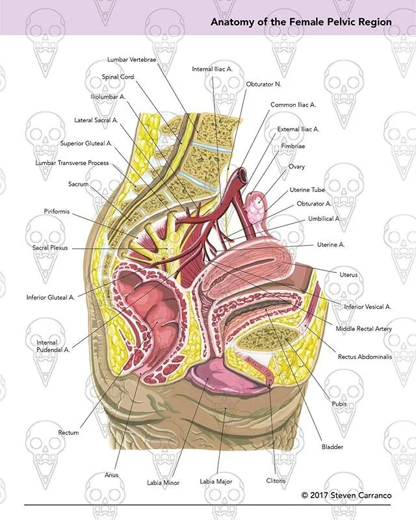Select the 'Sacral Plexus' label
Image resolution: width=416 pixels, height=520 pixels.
click(51, 248)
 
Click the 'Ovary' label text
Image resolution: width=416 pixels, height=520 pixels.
click(296, 166)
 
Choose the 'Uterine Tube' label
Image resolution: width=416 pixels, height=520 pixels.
click(307, 190)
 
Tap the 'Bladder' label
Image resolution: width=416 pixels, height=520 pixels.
click(331, 447)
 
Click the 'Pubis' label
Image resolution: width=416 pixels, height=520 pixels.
click(339, 404)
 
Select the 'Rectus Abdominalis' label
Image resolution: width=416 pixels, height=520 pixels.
click(365, 357)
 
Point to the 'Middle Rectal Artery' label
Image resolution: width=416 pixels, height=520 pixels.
click(364, 329)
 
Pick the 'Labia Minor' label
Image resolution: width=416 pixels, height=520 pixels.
click(163, 483)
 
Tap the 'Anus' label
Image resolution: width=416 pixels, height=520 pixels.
click(112, 475)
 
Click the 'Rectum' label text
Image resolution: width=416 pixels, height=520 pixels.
click(68, 432)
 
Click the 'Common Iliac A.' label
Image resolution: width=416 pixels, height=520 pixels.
click(293, 104)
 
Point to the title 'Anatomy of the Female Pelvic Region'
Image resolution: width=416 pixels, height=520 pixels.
click(301, 22)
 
